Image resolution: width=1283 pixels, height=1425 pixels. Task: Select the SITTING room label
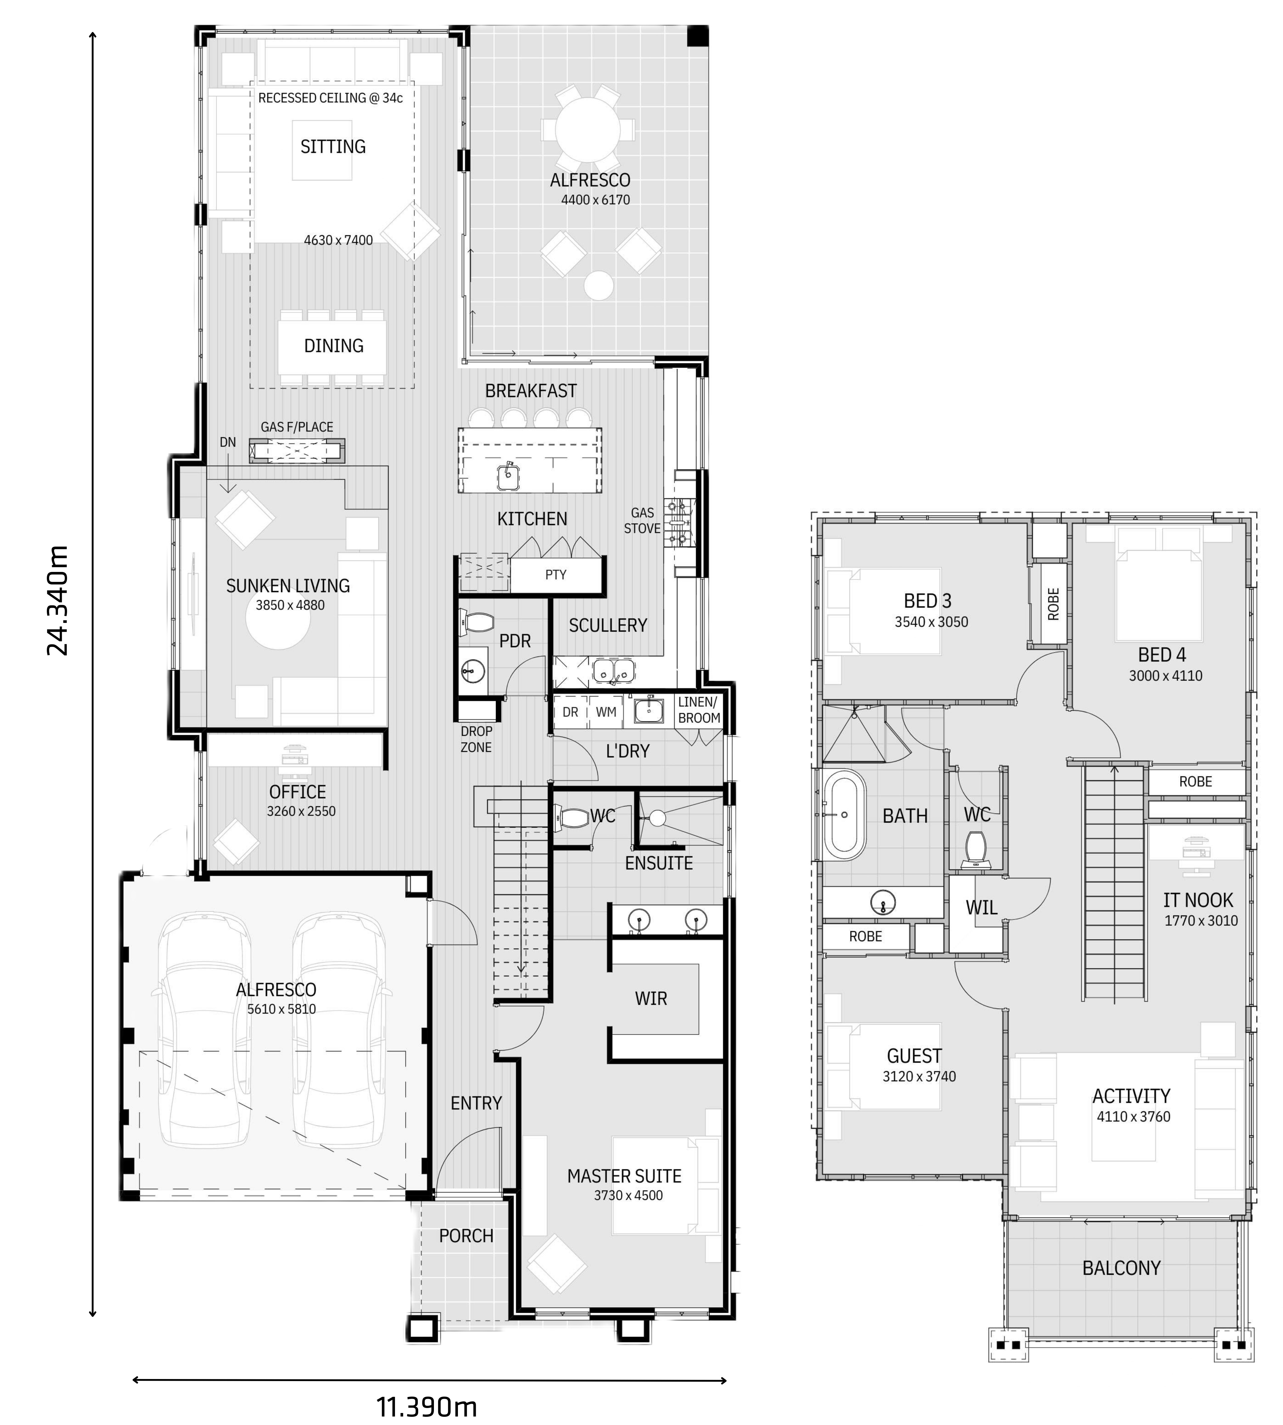pos(333,147)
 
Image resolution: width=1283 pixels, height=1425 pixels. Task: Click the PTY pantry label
pos(555,575)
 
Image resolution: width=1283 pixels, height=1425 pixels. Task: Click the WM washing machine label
pos(606,712)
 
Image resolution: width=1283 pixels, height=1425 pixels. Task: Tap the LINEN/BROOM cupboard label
pos(699,710)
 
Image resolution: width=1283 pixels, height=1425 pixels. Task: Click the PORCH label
pos(466,1236)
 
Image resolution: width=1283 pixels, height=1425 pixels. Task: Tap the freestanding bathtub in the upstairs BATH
pos(844,814)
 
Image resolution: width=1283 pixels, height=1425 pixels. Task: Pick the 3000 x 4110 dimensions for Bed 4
pos(1165,676)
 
